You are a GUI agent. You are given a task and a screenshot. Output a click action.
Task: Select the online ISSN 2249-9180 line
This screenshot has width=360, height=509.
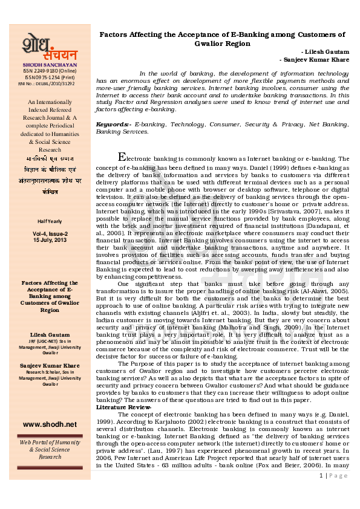(50, 71)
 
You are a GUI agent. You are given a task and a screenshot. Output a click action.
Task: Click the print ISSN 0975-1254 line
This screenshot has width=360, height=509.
(50, 77)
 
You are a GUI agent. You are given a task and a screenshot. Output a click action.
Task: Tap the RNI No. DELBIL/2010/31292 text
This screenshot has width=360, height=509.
(50, 83)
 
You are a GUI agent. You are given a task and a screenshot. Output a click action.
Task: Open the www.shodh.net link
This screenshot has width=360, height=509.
(50, 424)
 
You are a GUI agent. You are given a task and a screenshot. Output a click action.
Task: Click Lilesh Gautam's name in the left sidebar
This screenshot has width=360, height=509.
(50, 334)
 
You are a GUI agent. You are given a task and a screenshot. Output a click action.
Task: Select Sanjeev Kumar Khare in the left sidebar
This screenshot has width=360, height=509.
(50, 366)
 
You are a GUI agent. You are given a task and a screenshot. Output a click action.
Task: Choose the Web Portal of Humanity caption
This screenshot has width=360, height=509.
(50, 443)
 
